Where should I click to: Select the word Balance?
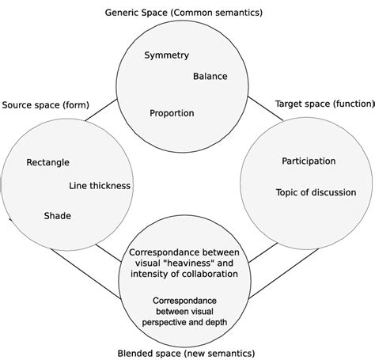(210, 77)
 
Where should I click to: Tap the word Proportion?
(172, 113)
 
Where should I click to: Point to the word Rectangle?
(47, 163)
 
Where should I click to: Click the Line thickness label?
(100, 186)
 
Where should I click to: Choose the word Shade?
(57, 215)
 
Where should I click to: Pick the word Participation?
(309, 161)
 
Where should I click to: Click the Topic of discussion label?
(316, 192)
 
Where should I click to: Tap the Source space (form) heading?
(46, 105)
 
